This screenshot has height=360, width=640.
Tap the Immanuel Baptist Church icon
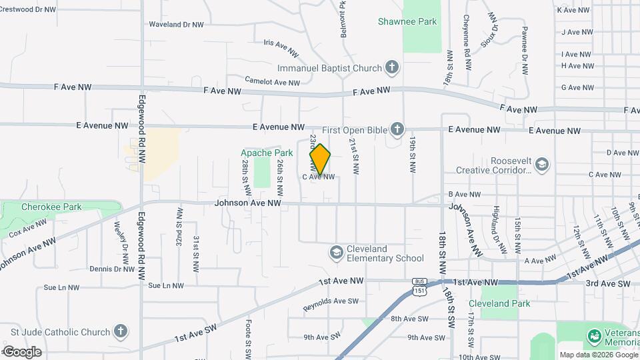[392, 67]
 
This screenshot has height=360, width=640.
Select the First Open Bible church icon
[397, 129]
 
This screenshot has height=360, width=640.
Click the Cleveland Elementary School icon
[337, 253]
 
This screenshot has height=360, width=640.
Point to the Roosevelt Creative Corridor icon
[542, 164]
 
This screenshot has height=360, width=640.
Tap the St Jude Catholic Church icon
[120, 331]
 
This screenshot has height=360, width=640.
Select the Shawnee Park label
[407, 21]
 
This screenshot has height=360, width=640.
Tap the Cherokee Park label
[51, 207]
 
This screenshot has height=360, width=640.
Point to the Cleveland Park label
[507, 303]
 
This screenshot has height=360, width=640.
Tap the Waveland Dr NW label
[176, 25]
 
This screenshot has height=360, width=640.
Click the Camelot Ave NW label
[272, 82]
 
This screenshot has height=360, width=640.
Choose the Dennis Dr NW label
[112, 269]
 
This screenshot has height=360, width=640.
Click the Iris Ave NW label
[280, 45]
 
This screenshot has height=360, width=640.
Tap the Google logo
[22, 351]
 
